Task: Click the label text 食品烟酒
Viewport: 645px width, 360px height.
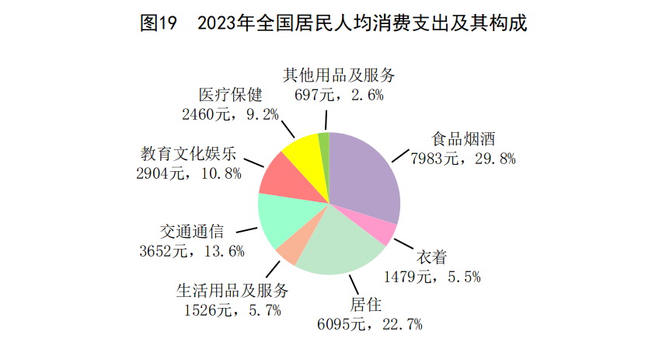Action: point(463,139)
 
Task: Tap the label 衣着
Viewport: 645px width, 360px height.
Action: point(431,257)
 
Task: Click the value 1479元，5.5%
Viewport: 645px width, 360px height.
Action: point(432,276)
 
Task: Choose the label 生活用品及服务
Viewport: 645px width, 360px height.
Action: point(232,291)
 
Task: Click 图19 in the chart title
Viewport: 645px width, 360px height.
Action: point(159,23)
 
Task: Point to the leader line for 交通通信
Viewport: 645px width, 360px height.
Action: point(246,230)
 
